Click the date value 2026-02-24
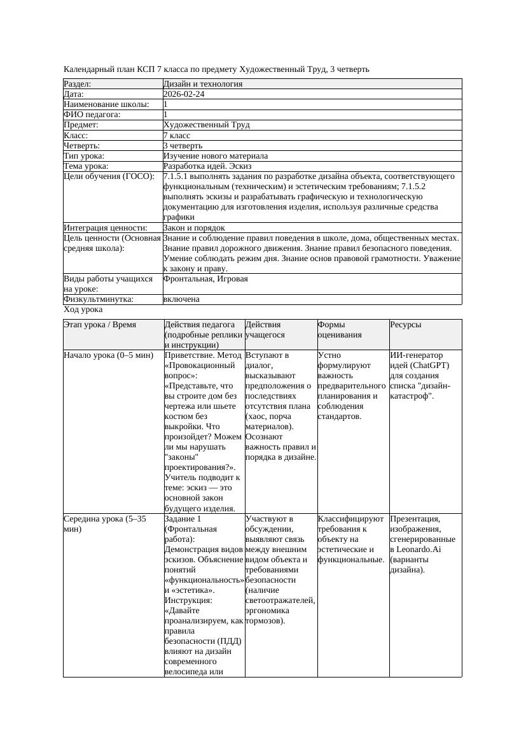(x=184, y=94)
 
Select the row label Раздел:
(x=78, y=84)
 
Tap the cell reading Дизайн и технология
(x=203, y=84)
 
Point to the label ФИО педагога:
(x=92, y=115)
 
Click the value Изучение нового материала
(x=216, y=156)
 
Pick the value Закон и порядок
(x=194, y=227)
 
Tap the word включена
(x=181, y=299)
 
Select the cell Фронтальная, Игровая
(x=205, y=279)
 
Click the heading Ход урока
(x=83, y=309)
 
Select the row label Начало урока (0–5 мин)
(x=109, y=355)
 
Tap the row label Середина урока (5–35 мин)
(x=105, y=523)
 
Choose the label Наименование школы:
(x=107, y=104)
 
